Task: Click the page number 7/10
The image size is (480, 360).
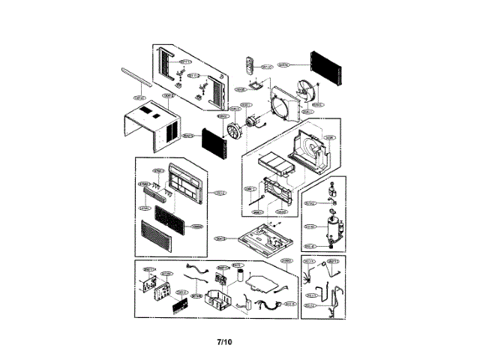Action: click(x=225, y=342)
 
